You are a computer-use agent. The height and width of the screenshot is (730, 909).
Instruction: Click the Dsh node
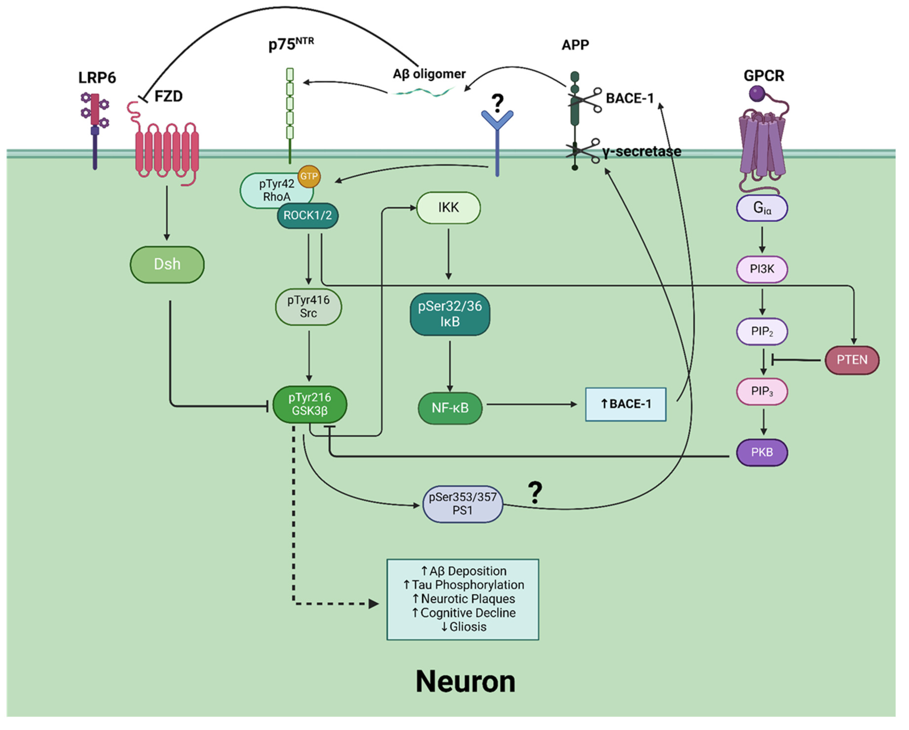coord(167,265)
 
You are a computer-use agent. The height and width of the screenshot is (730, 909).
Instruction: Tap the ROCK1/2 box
coord(307,215)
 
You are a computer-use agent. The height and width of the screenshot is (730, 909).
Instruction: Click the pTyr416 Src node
coord(308,307)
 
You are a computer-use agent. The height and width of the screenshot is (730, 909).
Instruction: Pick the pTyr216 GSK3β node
coord(310,404)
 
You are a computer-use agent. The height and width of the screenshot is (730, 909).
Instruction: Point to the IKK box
coord(448,208)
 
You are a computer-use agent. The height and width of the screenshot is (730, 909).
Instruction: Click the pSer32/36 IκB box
coord(450,314)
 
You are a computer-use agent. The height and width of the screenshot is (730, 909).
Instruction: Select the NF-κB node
coord(450,408)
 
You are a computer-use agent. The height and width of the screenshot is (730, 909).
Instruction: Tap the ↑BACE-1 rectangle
coord(626,404)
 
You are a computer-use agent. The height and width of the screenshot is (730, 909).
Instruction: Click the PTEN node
coord(852,360)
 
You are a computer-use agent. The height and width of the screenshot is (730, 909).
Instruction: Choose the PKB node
coord(762,453)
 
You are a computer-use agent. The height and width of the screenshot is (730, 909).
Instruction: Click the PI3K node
coord(762,269)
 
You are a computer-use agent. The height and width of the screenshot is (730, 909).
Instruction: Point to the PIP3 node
coord(762,391)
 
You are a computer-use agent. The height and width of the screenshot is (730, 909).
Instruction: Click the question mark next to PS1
coord(535,492)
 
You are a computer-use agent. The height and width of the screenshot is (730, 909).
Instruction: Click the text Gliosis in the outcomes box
coord(467,627)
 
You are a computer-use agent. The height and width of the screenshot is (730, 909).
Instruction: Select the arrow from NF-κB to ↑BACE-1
coord(531,405)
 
